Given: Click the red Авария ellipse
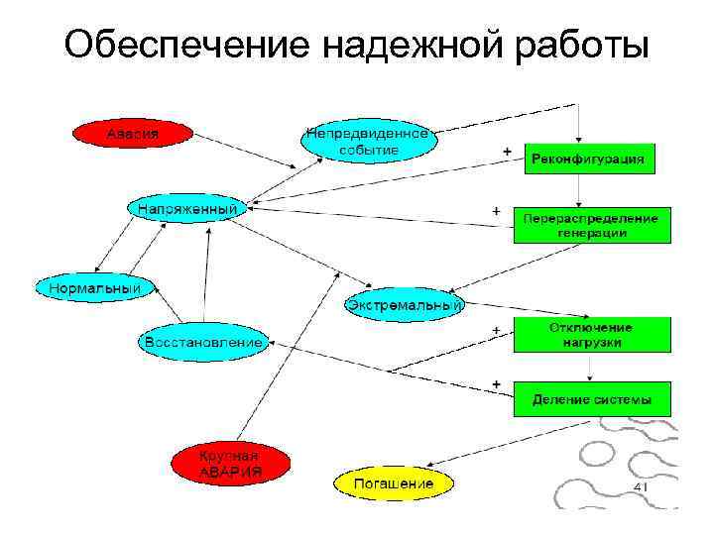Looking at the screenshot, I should point(133,133).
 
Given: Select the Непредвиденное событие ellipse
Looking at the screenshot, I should point(368,142).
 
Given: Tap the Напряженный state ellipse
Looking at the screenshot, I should point(187,210).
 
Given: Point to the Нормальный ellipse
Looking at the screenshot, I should point(89,288).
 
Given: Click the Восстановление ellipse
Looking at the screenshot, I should point(203,342).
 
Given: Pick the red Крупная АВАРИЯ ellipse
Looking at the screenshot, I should point(231,463).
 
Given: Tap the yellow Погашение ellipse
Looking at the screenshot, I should point(395,483).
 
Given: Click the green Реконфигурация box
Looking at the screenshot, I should point(589,159).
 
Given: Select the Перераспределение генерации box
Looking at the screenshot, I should point(591,225).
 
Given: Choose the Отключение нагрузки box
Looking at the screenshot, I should point(591,335).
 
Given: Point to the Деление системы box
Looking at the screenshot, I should point(591,400).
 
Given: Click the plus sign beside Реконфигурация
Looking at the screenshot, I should point(508,151).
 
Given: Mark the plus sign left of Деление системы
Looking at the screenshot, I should point(496,382).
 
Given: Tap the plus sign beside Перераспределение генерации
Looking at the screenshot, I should point(496,211).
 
